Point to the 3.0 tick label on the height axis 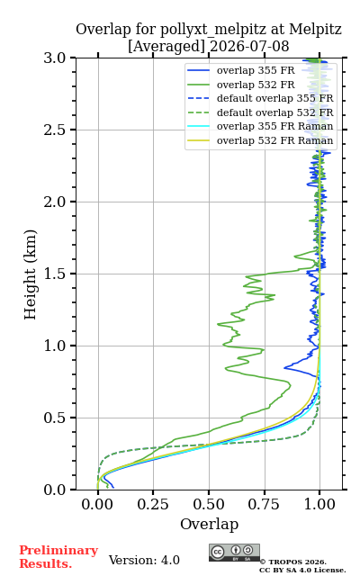55,58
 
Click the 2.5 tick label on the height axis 55,130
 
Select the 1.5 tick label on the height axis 55,274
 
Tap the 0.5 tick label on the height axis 55,418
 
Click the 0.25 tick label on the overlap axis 153,504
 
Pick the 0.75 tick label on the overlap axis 264,504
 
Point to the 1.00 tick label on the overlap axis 319,504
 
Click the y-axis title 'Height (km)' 31,274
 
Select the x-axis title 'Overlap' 210,524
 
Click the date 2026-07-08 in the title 249,46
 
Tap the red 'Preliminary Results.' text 58,557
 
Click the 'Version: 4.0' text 144,560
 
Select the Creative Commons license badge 234,553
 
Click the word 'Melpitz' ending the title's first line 316,30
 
